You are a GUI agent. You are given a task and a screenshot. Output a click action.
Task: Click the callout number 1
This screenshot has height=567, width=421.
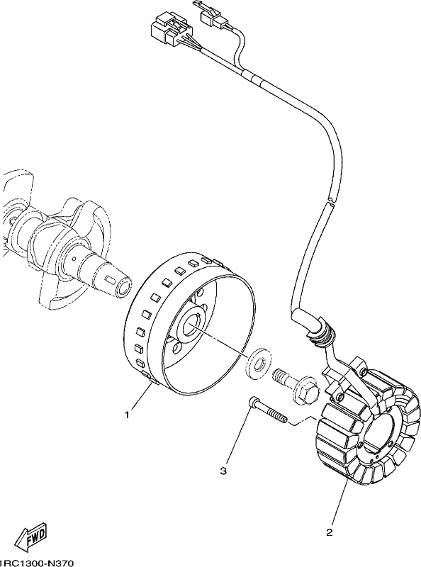click(127, 415)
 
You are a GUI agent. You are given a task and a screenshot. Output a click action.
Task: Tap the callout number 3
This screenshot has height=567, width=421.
click(223, 471)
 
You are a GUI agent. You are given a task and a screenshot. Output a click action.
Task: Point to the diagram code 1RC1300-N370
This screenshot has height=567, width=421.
click(37, 563)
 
